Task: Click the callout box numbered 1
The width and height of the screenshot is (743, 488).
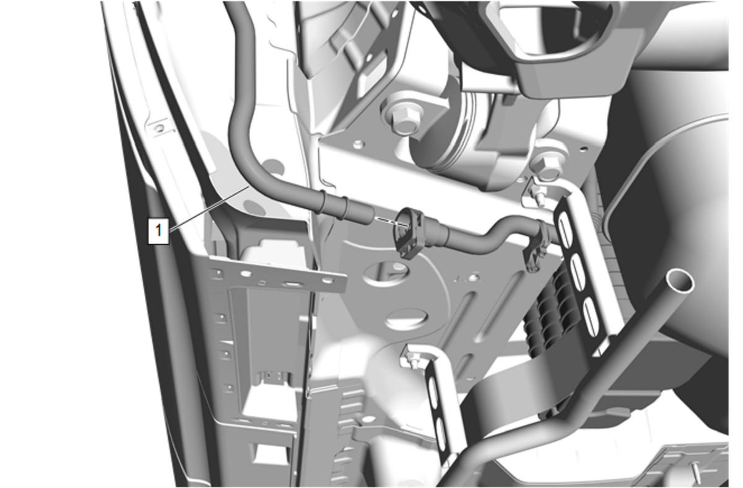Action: click(x=159, y=231)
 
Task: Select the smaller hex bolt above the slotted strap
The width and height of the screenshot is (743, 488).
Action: click(x=547, y=167)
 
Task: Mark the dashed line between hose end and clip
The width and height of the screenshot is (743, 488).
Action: click(x=391, y=222)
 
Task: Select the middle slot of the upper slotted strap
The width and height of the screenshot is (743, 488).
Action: click(x=578, y=272)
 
